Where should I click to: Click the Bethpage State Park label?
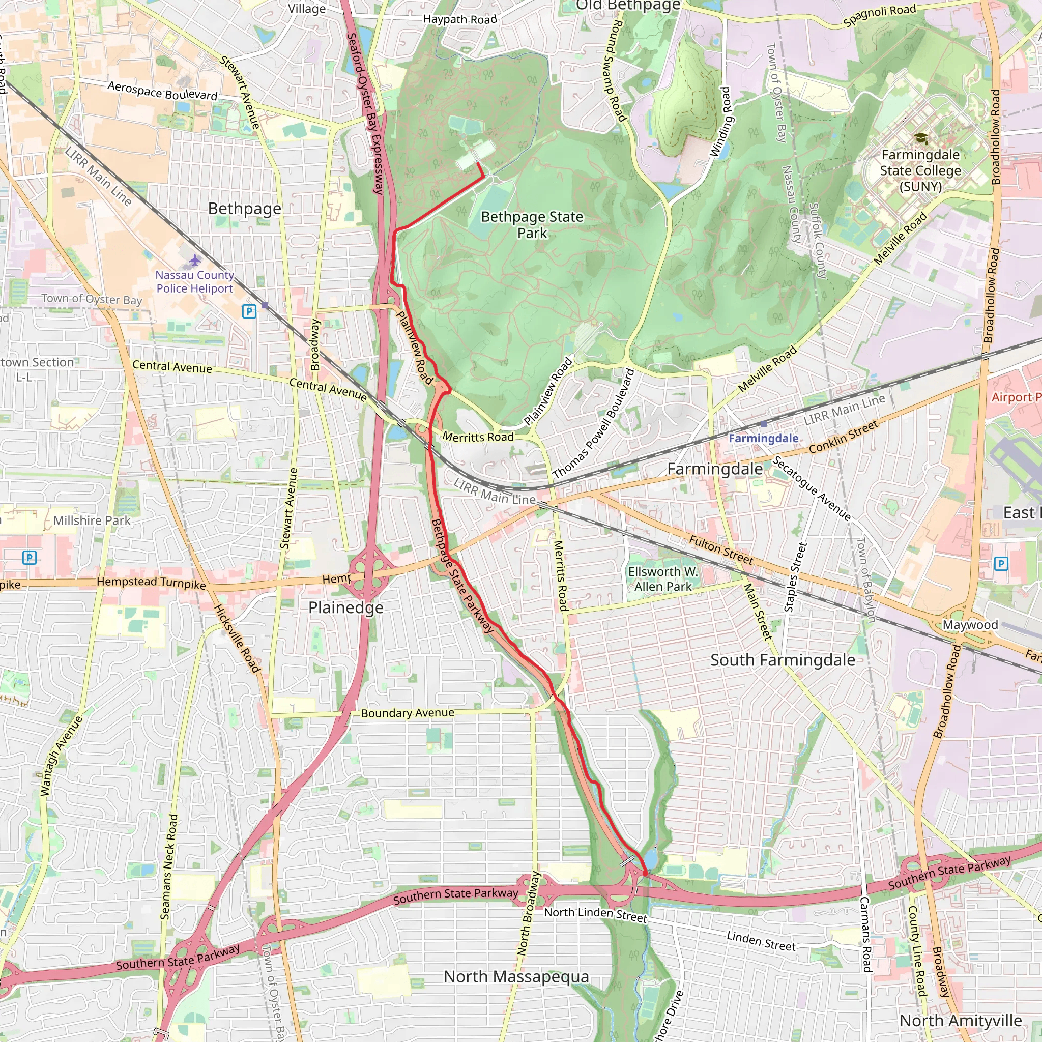coord(532,225)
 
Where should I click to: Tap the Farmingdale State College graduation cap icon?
coord(920,138)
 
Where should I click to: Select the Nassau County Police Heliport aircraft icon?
coord(195,261)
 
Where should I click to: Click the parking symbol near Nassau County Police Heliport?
coord(249,311)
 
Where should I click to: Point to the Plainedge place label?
coord(345,607)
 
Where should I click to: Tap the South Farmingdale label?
coord(783,660)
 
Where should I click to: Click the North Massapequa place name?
coord(516,976)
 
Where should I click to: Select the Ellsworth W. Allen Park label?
coord(663,578)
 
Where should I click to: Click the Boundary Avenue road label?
coord(407,713)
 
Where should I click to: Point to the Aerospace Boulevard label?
coord(162,91)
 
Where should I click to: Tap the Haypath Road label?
coord(460,19)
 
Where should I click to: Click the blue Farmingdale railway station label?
coord(763,438)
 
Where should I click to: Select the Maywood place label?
coord(970,625)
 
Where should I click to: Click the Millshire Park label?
coord(92,520)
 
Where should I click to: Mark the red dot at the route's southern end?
coord(645,873)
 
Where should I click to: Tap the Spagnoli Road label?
coord(879,15)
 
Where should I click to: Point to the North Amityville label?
coord(961,1021)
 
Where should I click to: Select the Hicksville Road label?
coord(237,639)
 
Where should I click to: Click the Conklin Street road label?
coord(844,437)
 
